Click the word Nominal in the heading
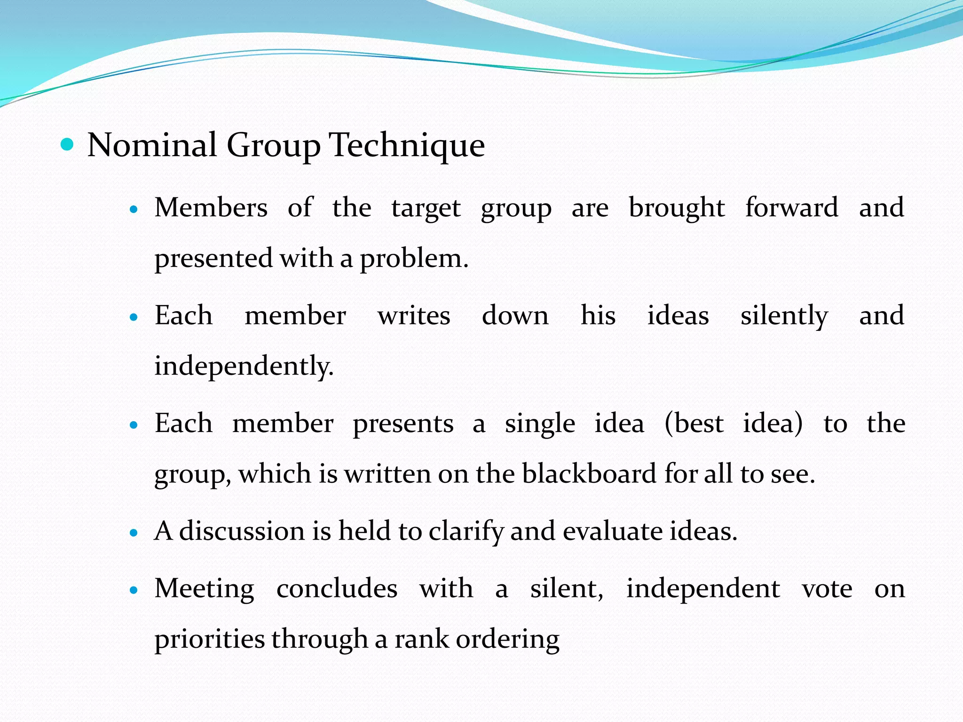[152, 145]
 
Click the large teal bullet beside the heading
[68, 144]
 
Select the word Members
[211, 207]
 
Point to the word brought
[677, 207]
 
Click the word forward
[792, 207]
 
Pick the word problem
[414, 259]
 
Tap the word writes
[414, 315]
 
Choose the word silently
[784, 315]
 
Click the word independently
[244, 366]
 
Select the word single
[540, 424]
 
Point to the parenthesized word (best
[694, 424]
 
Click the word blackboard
[589, 474]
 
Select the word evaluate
[613, 531]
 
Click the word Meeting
[205, 589]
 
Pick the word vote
[827, 589]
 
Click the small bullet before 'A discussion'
[134, 533]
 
